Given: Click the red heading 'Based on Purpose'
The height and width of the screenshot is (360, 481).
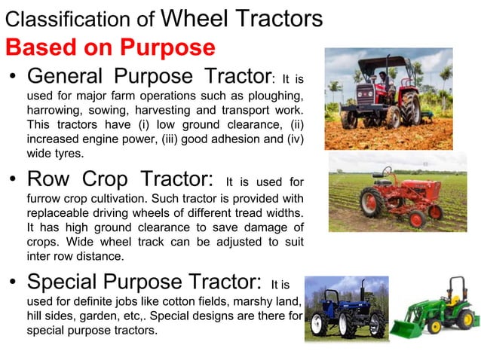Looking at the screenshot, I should coord(109,47).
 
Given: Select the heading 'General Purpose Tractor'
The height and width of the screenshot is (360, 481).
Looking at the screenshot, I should coord(149,77).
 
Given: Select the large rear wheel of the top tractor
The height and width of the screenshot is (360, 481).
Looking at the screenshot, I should coord(410,110).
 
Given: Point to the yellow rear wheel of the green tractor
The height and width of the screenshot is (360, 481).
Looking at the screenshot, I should coord(466,318).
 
